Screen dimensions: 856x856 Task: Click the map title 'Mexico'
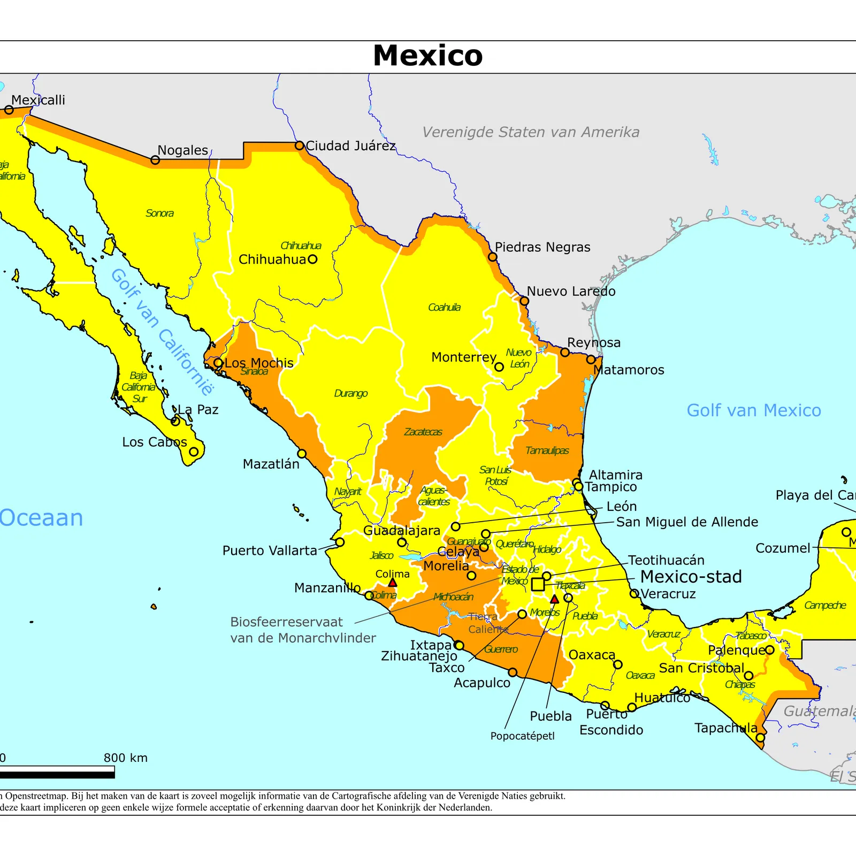coord(427,56)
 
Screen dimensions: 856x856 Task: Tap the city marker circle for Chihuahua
coord(312,259)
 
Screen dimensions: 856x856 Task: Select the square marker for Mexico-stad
coord(538,584)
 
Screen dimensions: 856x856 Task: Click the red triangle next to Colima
coord(393,583)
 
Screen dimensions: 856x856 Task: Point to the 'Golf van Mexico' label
coord(753,410)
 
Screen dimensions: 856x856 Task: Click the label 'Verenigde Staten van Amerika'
coord(531,132)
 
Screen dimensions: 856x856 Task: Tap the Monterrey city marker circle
coord(499,367)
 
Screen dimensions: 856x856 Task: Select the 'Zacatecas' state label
coord(423,432)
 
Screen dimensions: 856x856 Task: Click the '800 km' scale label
coord(126,758)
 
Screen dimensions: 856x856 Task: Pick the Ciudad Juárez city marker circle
coord(300,146)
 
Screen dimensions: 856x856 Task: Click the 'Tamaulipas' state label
coord(547,450)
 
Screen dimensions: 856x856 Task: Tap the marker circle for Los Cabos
coord(194,452)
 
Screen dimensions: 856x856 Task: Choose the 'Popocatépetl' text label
coord(522,736)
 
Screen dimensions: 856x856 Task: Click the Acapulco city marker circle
coord(513,672)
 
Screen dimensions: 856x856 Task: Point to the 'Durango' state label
coord(351,393)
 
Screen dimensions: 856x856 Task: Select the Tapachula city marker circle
coord(760,738)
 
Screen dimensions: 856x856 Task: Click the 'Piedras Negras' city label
coord(542,247)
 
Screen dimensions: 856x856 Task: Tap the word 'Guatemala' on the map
coord(819,711)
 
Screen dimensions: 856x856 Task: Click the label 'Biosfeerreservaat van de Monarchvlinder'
coord(303,630)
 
